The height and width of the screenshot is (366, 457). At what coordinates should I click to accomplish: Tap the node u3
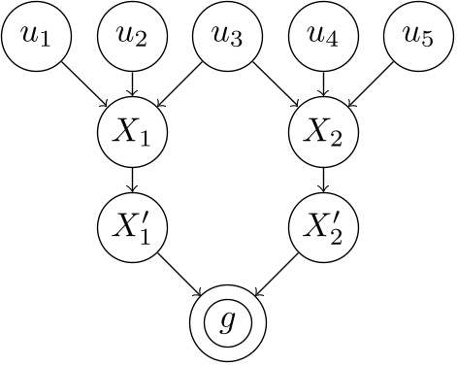[227, 36]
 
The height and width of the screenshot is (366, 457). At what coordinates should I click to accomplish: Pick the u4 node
[324, 36]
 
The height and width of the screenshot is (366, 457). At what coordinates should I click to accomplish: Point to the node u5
[421, 36]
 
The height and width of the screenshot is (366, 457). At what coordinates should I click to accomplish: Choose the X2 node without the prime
[324, 134]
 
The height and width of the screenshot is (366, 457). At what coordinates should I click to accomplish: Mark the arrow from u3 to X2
[276, 84]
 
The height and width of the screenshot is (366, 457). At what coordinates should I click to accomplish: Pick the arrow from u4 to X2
[324, 84]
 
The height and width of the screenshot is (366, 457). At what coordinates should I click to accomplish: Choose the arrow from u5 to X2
[373, 84]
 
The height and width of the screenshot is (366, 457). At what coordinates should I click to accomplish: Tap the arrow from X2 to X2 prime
[324, 183]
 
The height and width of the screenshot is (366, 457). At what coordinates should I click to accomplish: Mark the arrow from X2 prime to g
[276, 277]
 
